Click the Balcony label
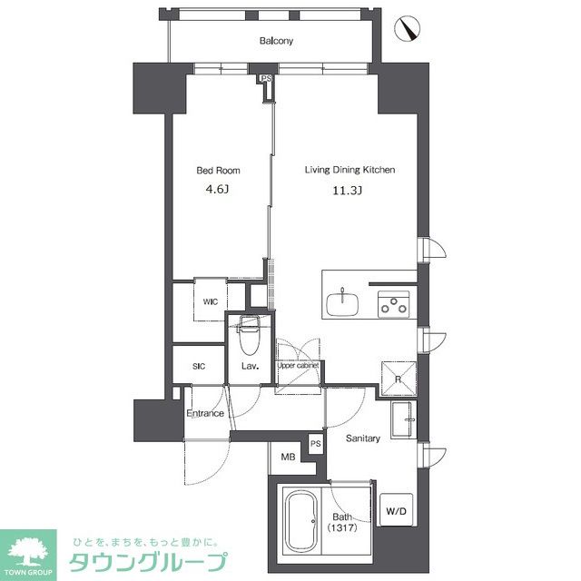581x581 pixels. tap(276, 41)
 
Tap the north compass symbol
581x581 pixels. tap(410, 30)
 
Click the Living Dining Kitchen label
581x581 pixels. tap(349, 170)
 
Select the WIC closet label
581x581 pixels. tap(210, 301)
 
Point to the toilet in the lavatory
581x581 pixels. tap(248, 337)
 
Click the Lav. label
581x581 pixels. tap(251, 367)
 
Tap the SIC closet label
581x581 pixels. tap(199, 367)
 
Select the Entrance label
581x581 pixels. tap(206, 414)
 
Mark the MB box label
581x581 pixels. tap(288, 458)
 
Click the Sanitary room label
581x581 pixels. tap(362, 438)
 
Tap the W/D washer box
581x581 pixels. tap(397, 511)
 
